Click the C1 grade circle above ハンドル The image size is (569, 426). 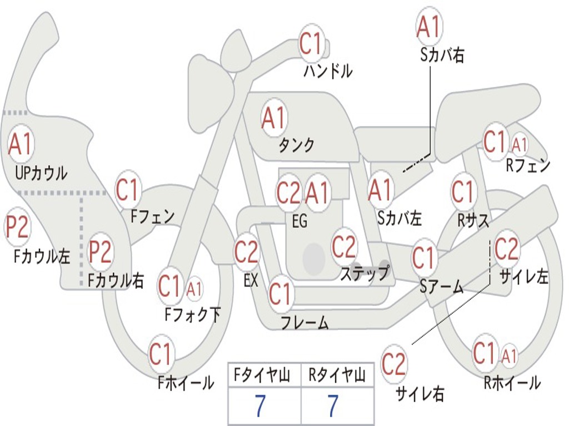(311, 43)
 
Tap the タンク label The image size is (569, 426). (296, 145)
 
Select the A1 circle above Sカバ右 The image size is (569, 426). (430, 27)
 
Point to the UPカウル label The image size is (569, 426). (41, 173)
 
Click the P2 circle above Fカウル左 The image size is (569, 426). (17, 227)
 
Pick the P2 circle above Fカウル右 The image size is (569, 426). (100, 251)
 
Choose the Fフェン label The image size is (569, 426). (152, 216)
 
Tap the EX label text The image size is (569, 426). (251, 280)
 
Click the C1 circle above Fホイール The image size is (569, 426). (160, 353)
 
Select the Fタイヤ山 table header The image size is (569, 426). (262, 375)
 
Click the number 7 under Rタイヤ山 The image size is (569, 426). (333, 406)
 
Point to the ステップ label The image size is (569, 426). (365, 273)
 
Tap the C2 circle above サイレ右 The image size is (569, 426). (393, 364)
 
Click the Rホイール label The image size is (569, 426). (512, 383)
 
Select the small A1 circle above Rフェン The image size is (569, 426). (520, 145)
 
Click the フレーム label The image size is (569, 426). (305, 323)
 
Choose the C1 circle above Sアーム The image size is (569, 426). (423, 258)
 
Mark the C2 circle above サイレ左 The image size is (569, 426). (507, 249)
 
